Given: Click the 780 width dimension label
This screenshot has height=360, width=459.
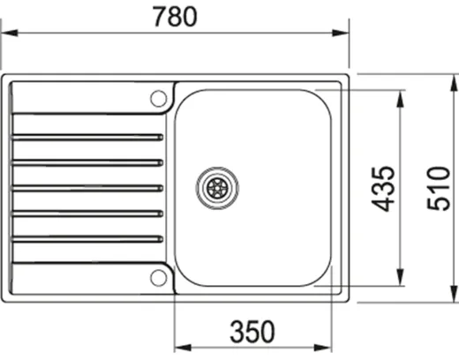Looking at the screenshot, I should (176, 16).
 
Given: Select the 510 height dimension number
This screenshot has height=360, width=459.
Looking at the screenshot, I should (438, 188).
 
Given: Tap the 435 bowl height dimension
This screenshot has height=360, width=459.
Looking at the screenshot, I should (382, 188).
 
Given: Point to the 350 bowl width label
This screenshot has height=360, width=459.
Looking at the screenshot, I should (253, 331).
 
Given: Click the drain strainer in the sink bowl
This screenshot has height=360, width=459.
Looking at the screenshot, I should (217, 186).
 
